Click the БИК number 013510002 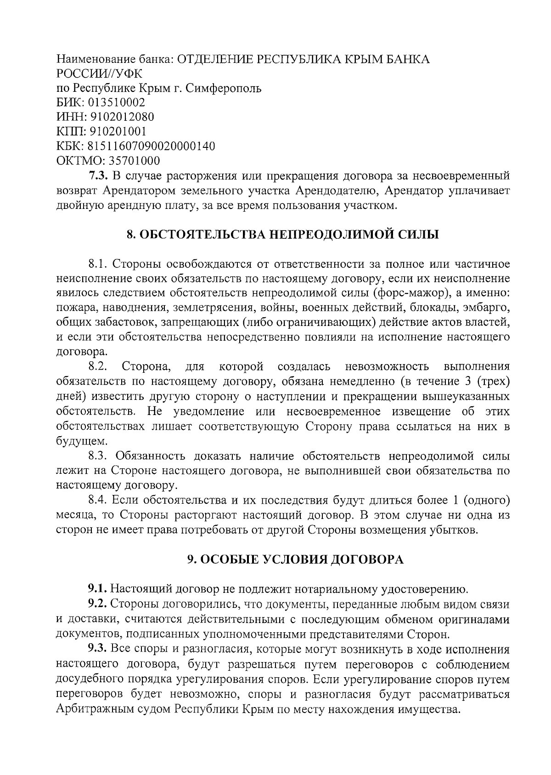pyautogui.click(x=113, y=102)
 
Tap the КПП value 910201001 pyautogui.click(x=118, y=132)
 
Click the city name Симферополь pyautogui.click(x=224, y=88)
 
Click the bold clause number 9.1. pyautogui.click(x=98, y=588)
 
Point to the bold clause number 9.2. pyautogui.click(x=98, y=603)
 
